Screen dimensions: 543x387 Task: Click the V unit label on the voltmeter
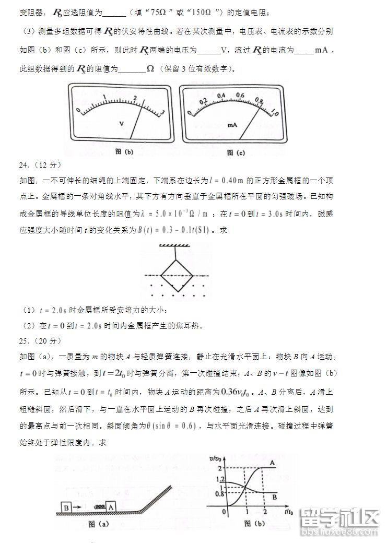(x=121, y=124)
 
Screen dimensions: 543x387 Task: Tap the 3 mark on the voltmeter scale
(x=163, y=112)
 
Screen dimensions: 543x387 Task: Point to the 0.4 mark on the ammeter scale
(x=221, y=96)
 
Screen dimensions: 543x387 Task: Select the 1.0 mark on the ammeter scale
(x=275, y=113)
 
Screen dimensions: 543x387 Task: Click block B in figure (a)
(x=66, y=507)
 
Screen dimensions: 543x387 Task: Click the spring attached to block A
(x=98, y=507)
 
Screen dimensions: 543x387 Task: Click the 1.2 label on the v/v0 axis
(x=220, y=479)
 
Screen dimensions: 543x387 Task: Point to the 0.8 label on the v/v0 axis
(x=219, y=493)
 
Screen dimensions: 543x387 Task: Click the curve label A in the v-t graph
(x=272, y=463)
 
